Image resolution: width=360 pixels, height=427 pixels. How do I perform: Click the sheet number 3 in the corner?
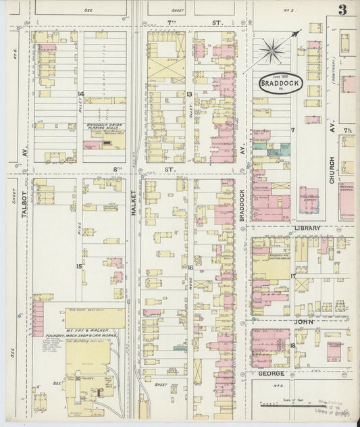(x=343, y=9)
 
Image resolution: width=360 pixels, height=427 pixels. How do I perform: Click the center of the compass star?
(x=273, y=49)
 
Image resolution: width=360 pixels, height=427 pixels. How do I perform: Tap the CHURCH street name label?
(x=332, y=168)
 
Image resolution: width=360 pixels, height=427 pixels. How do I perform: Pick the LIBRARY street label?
(x=308, y=228)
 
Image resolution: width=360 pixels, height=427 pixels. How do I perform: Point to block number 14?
(x=80, y=93)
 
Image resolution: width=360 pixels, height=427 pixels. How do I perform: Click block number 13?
(x=190, y=94)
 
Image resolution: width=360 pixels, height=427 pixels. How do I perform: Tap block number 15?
(x=80, y=266)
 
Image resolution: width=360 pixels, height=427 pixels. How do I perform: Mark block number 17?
(x=293, y=276)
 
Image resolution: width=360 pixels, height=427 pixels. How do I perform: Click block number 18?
(x=292, y=345)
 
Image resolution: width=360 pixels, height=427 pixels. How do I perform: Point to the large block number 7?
(x=293, y=128)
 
